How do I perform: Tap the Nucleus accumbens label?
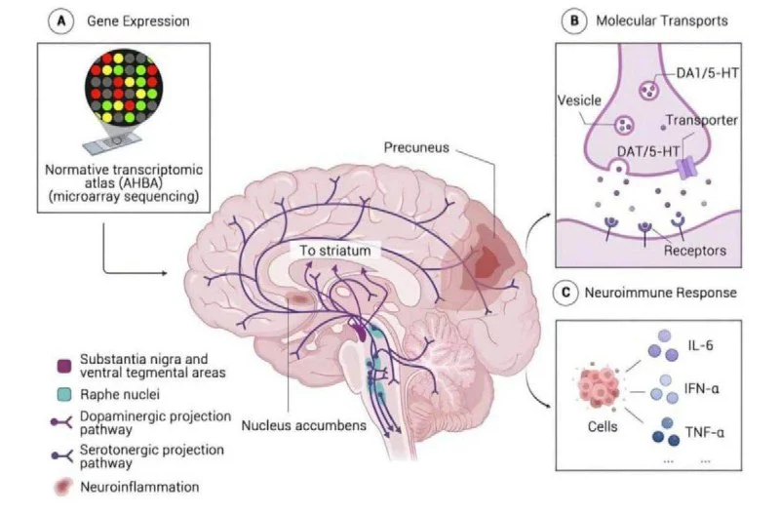[291, 426]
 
